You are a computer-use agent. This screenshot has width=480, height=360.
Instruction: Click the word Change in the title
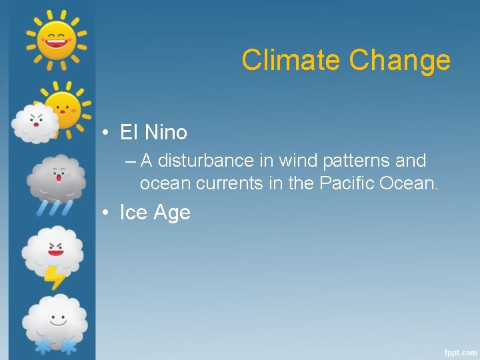click(400, 60)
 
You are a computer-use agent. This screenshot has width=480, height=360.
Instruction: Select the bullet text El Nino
click(153, 133)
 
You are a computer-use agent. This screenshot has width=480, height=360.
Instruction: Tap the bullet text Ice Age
click(155, 213)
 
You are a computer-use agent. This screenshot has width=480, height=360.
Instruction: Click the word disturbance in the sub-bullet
click(207, 161)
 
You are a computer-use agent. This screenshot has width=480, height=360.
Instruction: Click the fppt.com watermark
click(461, 351)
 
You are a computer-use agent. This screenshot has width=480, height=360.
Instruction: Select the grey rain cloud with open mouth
click(57, 178)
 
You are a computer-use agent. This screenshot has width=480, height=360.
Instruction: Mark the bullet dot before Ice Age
click(106, 213)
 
